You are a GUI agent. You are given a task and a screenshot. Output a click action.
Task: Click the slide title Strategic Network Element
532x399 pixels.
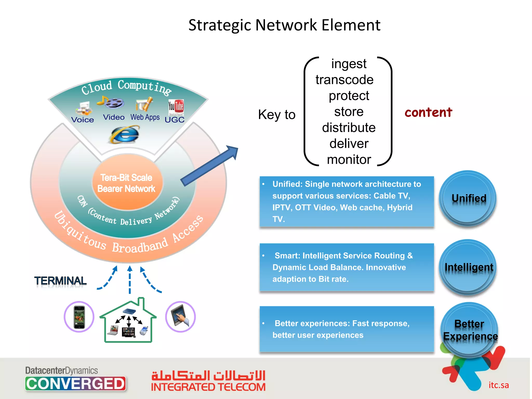[x=284, y=25]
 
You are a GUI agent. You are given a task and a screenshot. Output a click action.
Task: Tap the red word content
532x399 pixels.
[x=428, y=112]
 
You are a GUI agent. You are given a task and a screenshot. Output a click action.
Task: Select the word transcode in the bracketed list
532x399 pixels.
[x=344, y=80]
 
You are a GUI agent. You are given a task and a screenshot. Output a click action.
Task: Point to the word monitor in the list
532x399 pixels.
[x=349, y=159]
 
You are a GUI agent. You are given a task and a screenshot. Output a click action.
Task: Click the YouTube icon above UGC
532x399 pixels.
[x=176, y=107]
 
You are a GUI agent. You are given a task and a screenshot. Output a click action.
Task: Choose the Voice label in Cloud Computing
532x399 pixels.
[x=83, y=120]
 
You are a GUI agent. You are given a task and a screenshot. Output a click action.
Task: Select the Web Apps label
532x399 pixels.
[x=145, y=117]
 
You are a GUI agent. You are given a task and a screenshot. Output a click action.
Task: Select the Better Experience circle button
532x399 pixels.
[x=470, y=330]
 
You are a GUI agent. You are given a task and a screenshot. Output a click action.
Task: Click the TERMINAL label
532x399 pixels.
[x=60, y=281]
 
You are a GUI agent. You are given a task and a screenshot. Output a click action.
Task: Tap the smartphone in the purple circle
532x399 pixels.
[x=79, y=317]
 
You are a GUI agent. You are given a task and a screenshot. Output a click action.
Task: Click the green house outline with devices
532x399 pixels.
[x=128, y=322]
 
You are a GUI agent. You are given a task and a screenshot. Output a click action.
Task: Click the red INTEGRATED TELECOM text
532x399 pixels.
[x=208, y=387]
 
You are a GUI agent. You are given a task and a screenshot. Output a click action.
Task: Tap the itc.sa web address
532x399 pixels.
[x=498, y=385]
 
